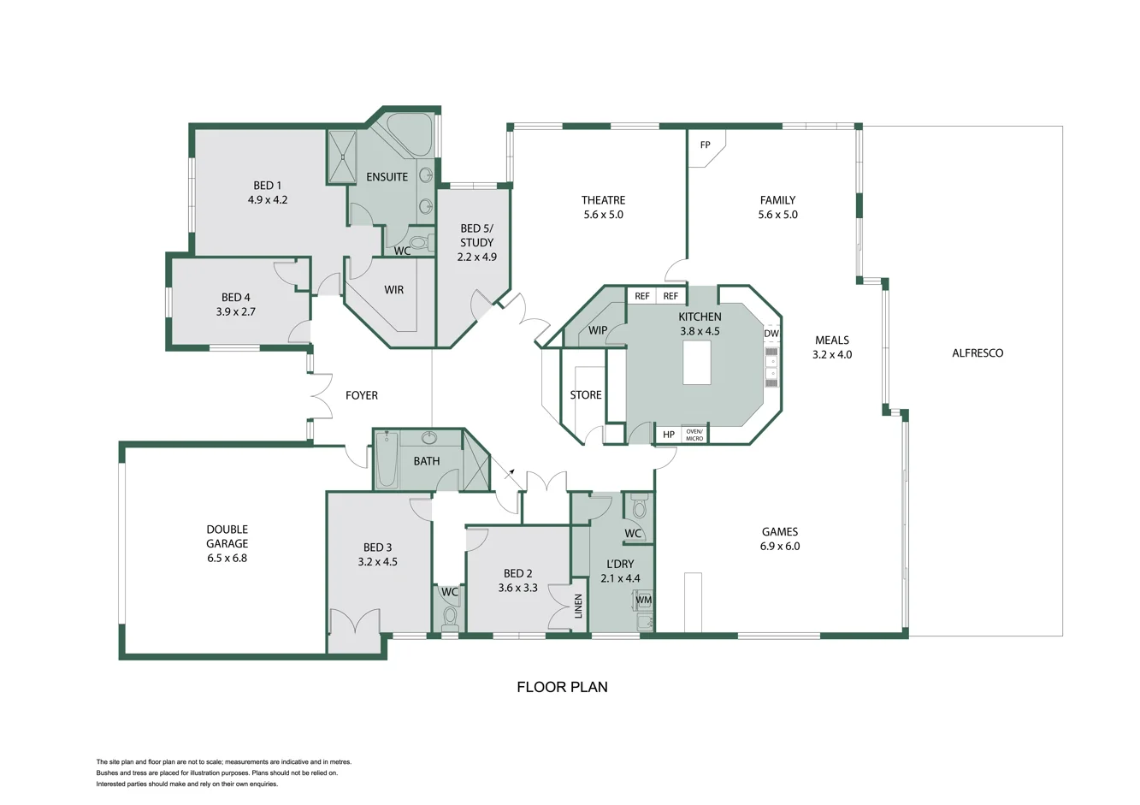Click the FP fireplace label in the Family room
coord(705,145)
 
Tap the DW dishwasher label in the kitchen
coord(771,334)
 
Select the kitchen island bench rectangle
coord(696,363)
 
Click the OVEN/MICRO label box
coord(694,435)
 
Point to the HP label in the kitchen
coord(668,435)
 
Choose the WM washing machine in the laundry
coord(643,601)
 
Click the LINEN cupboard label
coord(578,607)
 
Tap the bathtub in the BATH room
coord(387,461)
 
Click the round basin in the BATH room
coord(429,439)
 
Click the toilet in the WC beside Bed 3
coord(450,617)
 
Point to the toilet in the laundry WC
coord(638,508)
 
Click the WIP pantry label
coord(598,330)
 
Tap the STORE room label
coord(585,395)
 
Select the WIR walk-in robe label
coord(393,290)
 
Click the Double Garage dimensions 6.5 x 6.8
coord(227,558)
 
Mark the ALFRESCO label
coord(978,353)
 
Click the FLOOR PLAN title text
coord(562,687)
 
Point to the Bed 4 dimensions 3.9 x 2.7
coord(235,312)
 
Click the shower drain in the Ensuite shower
coord(342,157)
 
